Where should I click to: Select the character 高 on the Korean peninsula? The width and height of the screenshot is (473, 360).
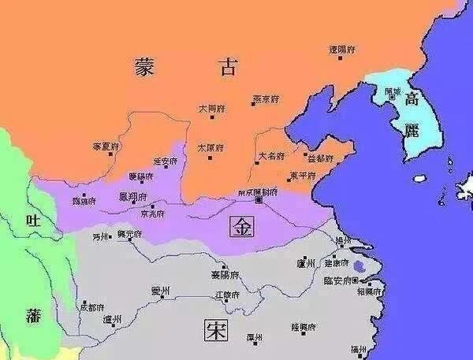click(412, 100)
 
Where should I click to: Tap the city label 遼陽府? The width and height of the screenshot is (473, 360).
click(341, 50)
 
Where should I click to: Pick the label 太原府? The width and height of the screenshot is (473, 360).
click(210, 147)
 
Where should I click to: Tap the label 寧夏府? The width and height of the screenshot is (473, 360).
click(105, 147)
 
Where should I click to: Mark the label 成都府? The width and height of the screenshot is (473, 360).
click(91, 306)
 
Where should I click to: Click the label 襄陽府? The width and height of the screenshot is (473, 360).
click(225, 274)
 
